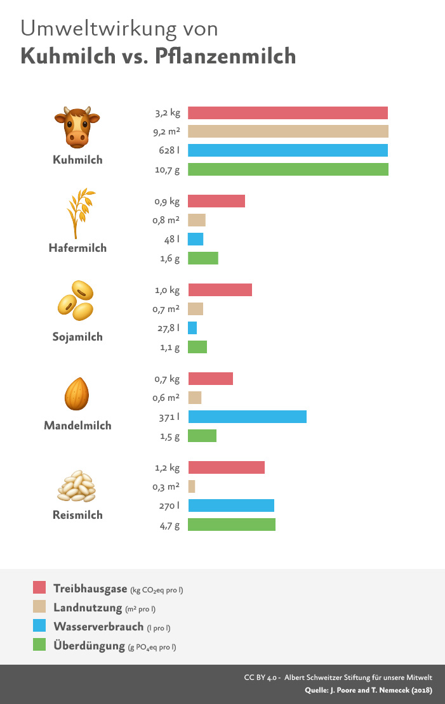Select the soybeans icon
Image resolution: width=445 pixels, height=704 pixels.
tap(76, 300)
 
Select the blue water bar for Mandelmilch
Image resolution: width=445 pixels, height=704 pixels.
tap(247, 417)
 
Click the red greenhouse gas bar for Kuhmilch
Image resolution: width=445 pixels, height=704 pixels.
tap(288, 113)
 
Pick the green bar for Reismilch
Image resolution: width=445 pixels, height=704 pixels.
tap(232, 525)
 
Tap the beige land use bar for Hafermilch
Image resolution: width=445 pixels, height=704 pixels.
tap(197, 220)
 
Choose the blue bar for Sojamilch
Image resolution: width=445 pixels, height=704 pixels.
tap(192, 328)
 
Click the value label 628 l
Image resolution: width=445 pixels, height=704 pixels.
tap(169, 150)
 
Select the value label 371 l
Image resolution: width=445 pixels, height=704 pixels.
tap(169, 417)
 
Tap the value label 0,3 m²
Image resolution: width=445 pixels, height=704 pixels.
tap(167, 486)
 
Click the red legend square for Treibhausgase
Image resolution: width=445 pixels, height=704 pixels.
tap(39, 588)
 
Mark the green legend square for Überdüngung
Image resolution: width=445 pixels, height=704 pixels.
tap(39, 646)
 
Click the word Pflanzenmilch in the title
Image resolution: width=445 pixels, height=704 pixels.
tap(222, 56)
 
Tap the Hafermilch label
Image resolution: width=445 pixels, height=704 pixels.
tap(77, 248)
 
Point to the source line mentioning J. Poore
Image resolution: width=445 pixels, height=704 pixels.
tap(364, 689)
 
